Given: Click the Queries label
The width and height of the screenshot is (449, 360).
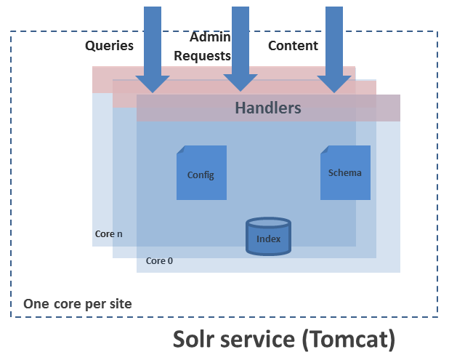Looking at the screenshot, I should [x=110, y=46].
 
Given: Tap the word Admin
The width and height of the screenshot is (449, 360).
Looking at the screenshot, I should [x=210, y=37].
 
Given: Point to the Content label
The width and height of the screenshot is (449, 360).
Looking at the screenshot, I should [x=294, y=46].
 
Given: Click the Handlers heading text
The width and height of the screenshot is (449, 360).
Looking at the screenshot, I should [x=267, y=108].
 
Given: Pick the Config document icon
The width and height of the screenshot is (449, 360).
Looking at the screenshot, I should [x=201, y=172].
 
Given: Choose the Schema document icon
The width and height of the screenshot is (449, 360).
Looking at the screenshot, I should [x=345, y=172].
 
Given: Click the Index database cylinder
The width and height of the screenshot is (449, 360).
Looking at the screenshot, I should [x=268, y=236].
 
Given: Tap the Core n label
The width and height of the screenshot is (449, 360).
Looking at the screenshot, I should [x=109, y=234].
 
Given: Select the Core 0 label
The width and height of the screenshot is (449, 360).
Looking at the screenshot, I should [x=159, y=260].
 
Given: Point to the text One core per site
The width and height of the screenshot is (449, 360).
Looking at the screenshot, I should [x=78, y=303].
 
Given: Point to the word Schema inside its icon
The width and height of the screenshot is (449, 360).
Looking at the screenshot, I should [x=345, y=173].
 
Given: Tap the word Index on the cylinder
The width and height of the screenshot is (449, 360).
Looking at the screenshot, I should [x=268, y=238].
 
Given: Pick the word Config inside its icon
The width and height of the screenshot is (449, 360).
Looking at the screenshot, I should [x=201, y=175].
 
